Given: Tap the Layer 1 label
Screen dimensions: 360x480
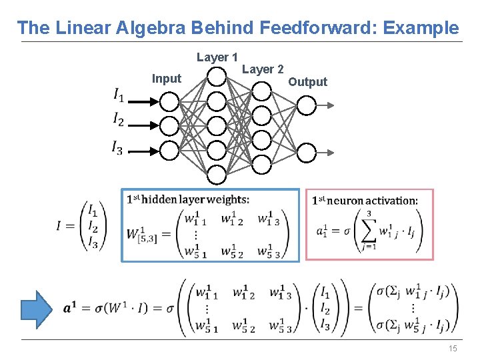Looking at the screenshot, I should pos(217,57).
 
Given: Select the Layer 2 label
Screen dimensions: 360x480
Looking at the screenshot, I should pos(263,69).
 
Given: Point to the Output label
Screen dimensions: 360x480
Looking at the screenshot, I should pos(307,82).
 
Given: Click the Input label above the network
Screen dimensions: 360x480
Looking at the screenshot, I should pos(167,79).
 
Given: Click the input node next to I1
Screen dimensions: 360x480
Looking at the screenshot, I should pos(169,102).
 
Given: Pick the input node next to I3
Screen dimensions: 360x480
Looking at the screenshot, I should pos(169,151).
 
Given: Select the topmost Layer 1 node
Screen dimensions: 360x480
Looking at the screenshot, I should pos(216,77).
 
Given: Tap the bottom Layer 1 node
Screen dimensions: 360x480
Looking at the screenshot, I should pos(216,175).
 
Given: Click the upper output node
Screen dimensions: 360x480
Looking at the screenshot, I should pos(305,105).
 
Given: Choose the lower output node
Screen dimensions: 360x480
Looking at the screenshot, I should pos(305,153).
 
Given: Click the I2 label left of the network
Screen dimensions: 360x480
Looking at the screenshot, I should pos(118,120).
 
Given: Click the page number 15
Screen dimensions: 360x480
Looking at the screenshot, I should pos(453,349).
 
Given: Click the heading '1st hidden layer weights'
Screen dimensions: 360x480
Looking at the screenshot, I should pos(188,199).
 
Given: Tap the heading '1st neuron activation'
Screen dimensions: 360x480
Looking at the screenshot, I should pos(365,201).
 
